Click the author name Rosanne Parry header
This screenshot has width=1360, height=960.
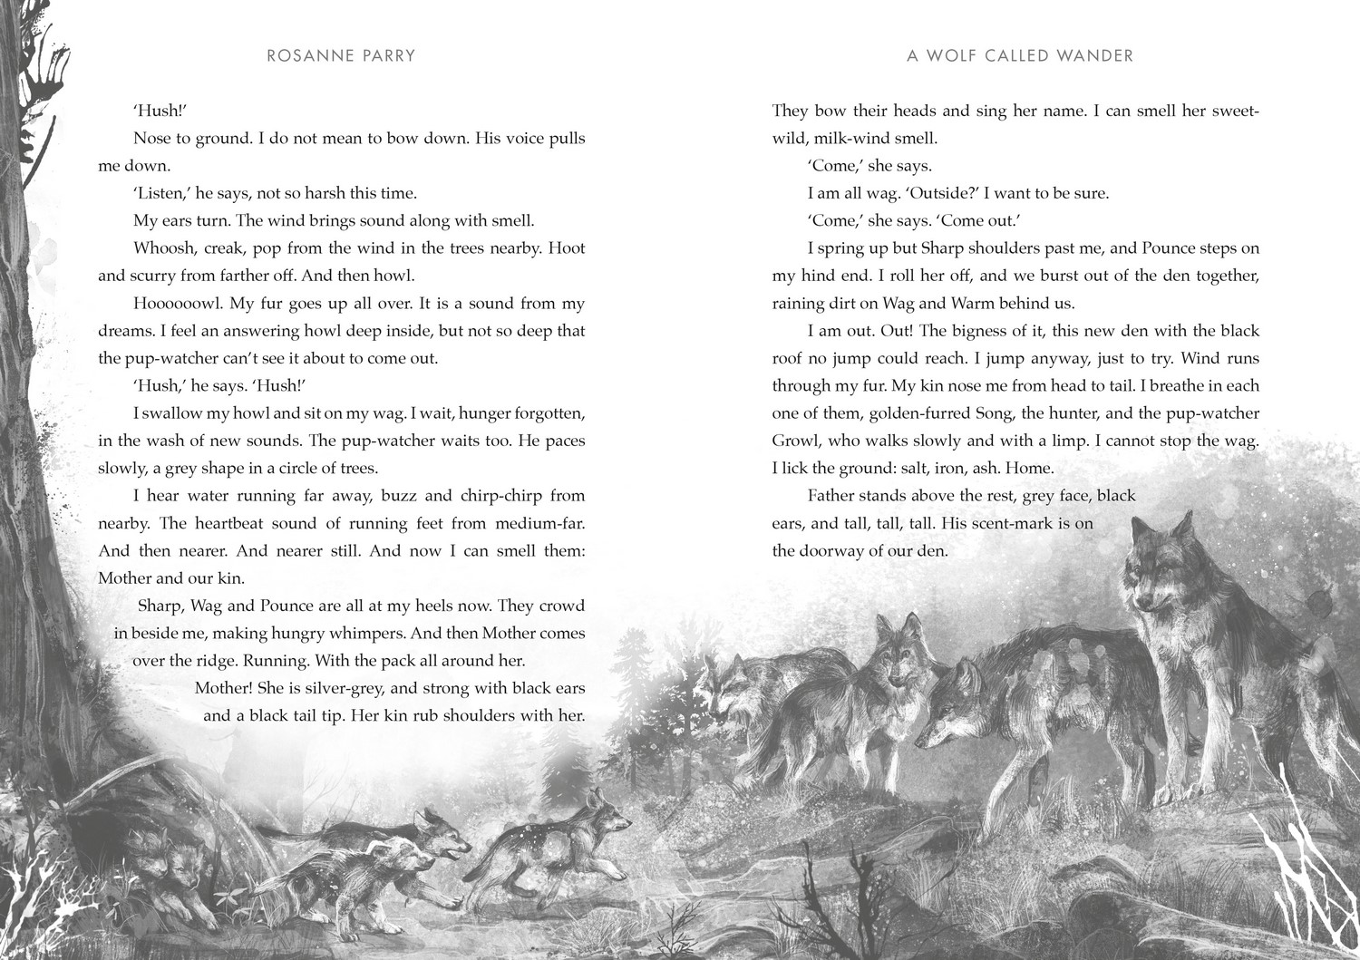pos(341,56)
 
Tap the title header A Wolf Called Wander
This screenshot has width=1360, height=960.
pos(1020,56)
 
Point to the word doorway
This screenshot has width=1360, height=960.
pos(835,551)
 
